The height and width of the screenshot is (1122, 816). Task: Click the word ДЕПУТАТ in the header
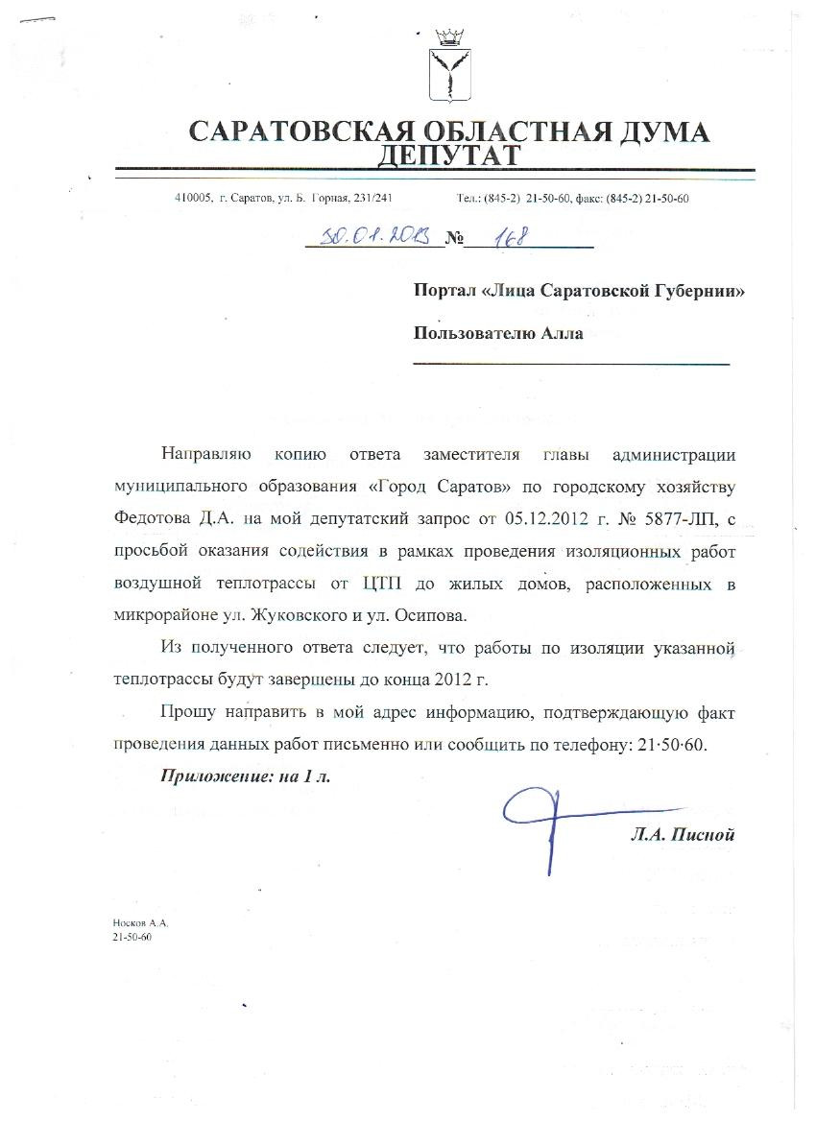coord(449,155)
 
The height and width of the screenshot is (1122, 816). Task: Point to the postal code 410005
coord(193,199)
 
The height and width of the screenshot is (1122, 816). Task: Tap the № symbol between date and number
coord(454,239)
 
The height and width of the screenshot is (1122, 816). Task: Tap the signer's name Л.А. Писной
coord(682,835)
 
